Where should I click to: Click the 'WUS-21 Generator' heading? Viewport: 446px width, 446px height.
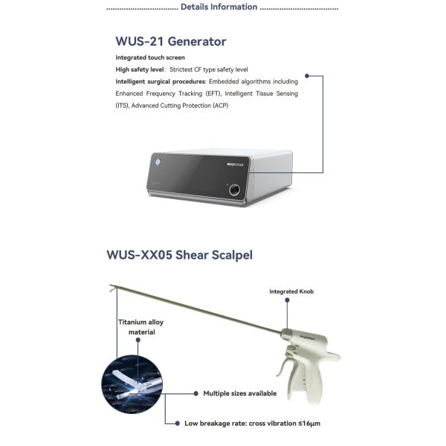pos(171,42)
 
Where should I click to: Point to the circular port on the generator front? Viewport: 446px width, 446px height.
pos(235,189)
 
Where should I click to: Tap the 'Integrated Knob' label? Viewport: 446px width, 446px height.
pos(291,291)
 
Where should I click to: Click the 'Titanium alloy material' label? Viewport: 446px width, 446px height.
pos(141,327)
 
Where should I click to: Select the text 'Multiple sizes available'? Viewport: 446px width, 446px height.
pos(240,393)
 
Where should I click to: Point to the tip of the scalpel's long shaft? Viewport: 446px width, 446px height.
pos(110,286)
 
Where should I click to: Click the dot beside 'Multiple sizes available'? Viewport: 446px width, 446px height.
pos(196,393)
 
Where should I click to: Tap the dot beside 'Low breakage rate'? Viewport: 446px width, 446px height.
pos(177,423)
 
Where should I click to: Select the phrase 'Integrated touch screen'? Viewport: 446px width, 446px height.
pos(150,57)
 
